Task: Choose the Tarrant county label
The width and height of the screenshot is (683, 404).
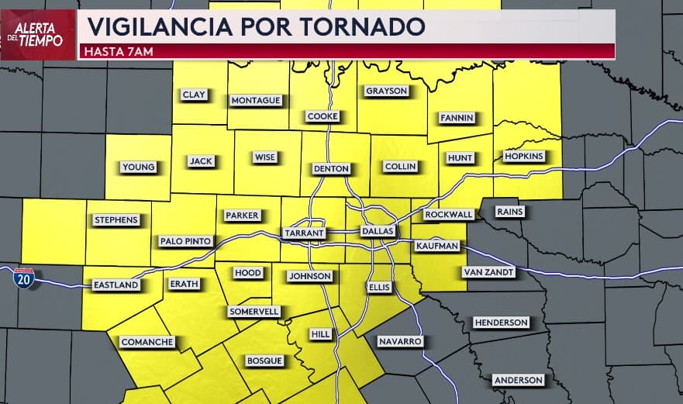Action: coord(304,233)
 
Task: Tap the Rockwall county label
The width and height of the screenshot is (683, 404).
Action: coord(447,214)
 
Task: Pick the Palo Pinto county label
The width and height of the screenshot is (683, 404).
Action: coord(185,241)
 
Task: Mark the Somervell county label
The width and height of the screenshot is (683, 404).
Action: coord(254,311)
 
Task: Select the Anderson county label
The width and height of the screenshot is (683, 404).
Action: coord(519,380)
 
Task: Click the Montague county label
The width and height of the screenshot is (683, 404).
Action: coord(256,100)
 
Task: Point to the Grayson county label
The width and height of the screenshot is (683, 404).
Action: coord(386,91)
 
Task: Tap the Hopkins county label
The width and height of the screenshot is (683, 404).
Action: coord(524,156)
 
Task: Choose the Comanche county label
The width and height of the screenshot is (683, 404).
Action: coord(147,342)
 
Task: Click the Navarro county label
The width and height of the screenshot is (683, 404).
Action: coord(400,341)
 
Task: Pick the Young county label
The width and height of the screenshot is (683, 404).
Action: coord(139,167)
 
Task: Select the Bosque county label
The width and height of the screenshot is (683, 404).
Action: coord(264,361)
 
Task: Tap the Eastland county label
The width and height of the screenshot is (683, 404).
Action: coord(116,285)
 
